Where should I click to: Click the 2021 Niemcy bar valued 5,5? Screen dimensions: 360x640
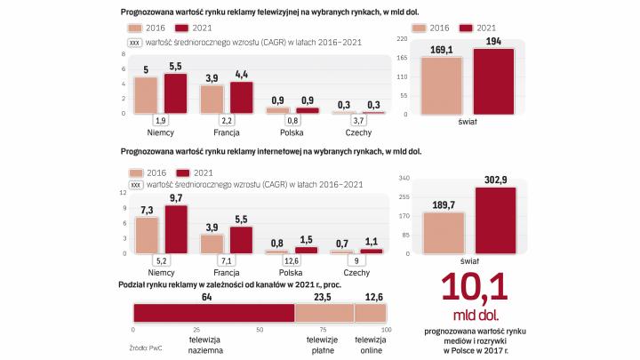(x=176, y=93)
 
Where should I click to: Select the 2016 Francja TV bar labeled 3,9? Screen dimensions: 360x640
(x=212, y=99)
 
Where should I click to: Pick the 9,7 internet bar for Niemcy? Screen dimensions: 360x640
(x=176, y=230)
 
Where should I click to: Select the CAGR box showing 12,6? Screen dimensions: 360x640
(x=292, y=261)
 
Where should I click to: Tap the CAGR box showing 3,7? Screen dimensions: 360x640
(x=358, y=120)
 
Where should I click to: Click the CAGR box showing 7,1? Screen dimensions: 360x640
(x=227, y=261)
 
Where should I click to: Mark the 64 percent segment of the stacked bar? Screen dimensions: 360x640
(x=213, y=313)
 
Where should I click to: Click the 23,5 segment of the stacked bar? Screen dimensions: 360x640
(x=324, y=313)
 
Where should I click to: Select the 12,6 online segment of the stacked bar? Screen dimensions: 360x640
(x=370, y=313)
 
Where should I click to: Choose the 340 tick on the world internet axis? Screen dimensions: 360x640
(x=404, y=177)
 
